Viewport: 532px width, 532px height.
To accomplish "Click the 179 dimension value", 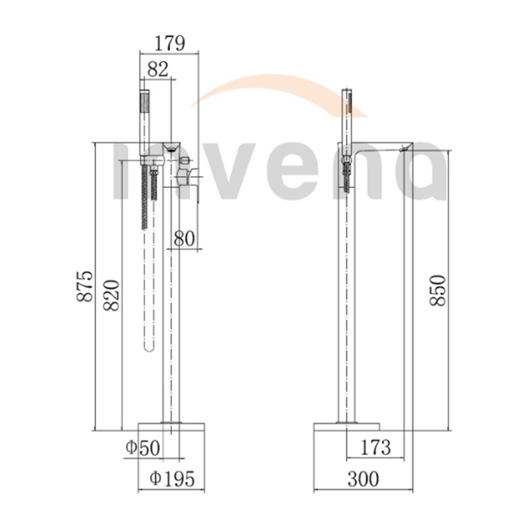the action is pyautogui.click(x=170, y=43).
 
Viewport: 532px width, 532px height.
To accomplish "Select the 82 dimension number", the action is pyautogui.click(x=158, y=69).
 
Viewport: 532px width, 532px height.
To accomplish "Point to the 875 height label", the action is pyautogui.click(x=84, y=286).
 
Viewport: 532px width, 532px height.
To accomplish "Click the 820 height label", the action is pyautogui.click(x=111, y=295).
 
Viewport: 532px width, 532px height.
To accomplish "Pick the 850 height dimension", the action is pyautogui.click(x=437, y=290).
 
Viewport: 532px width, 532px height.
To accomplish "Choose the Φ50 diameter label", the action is pyautogui.click(x=143, y=448).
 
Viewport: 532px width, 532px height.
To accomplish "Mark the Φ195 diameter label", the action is pyautogui.click(x=172, y=479).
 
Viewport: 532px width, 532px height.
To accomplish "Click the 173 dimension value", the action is pyautogui.click(x=375, y=447).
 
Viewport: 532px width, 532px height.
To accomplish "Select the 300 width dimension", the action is pyautogui.click(x=363, y=479).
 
